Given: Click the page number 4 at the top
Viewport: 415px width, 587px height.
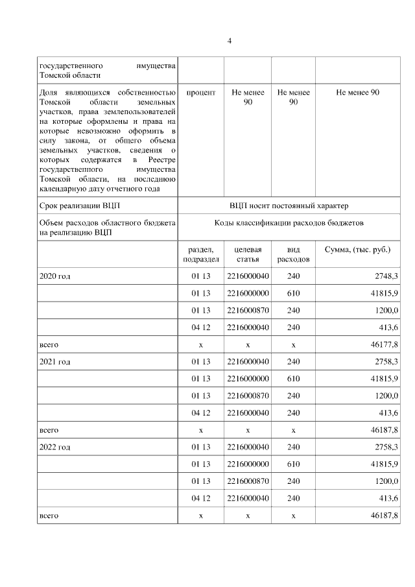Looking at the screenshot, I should pyautogui.click(x=229, y=41).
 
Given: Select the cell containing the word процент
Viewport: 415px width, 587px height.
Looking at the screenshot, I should pyautogui.click(x=201, y=93).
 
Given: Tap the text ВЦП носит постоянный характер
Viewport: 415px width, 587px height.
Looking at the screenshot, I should pyautogui.click(x=289, y=206).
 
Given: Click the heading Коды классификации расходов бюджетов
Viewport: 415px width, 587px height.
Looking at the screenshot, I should pyautogui.click(x=289, y=222).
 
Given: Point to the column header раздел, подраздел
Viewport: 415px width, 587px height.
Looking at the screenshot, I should pyautogui.click(x=201, y=254).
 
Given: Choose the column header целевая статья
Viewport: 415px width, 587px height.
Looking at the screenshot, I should pyautogui.click(x=248, y=254).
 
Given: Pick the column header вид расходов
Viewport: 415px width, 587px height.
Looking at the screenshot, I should pyautogui.click(x=293, y=254).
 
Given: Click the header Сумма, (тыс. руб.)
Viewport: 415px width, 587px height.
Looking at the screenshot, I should pyautogui.click(x=357, y=250).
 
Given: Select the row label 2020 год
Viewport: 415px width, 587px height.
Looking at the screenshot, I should pyautogui.click(x=55, y=276).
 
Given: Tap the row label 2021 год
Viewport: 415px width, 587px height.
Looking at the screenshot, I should pyautogui.click(x=55, y=361).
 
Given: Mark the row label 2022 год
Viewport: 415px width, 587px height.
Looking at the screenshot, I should pyautogui.click(x=55, y=447).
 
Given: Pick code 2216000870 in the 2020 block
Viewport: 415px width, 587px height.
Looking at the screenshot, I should pyautogui.click(x=248, y=311).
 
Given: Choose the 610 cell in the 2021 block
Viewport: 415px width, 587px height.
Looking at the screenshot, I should pyautogui.click(x=293, y=378).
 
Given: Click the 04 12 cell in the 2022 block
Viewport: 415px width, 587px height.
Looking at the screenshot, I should pyautogui.click(x=201, y=498).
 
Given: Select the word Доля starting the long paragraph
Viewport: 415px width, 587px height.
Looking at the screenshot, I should pyautogui.click(x=49, y=93).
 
